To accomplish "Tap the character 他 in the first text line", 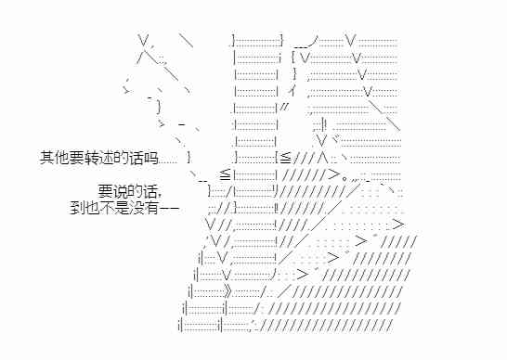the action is point(59,159).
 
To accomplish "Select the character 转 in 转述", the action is point(87,159).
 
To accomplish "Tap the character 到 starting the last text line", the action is point(76,207).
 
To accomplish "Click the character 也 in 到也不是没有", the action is point(90,207).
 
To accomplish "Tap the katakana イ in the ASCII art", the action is point(292,91).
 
